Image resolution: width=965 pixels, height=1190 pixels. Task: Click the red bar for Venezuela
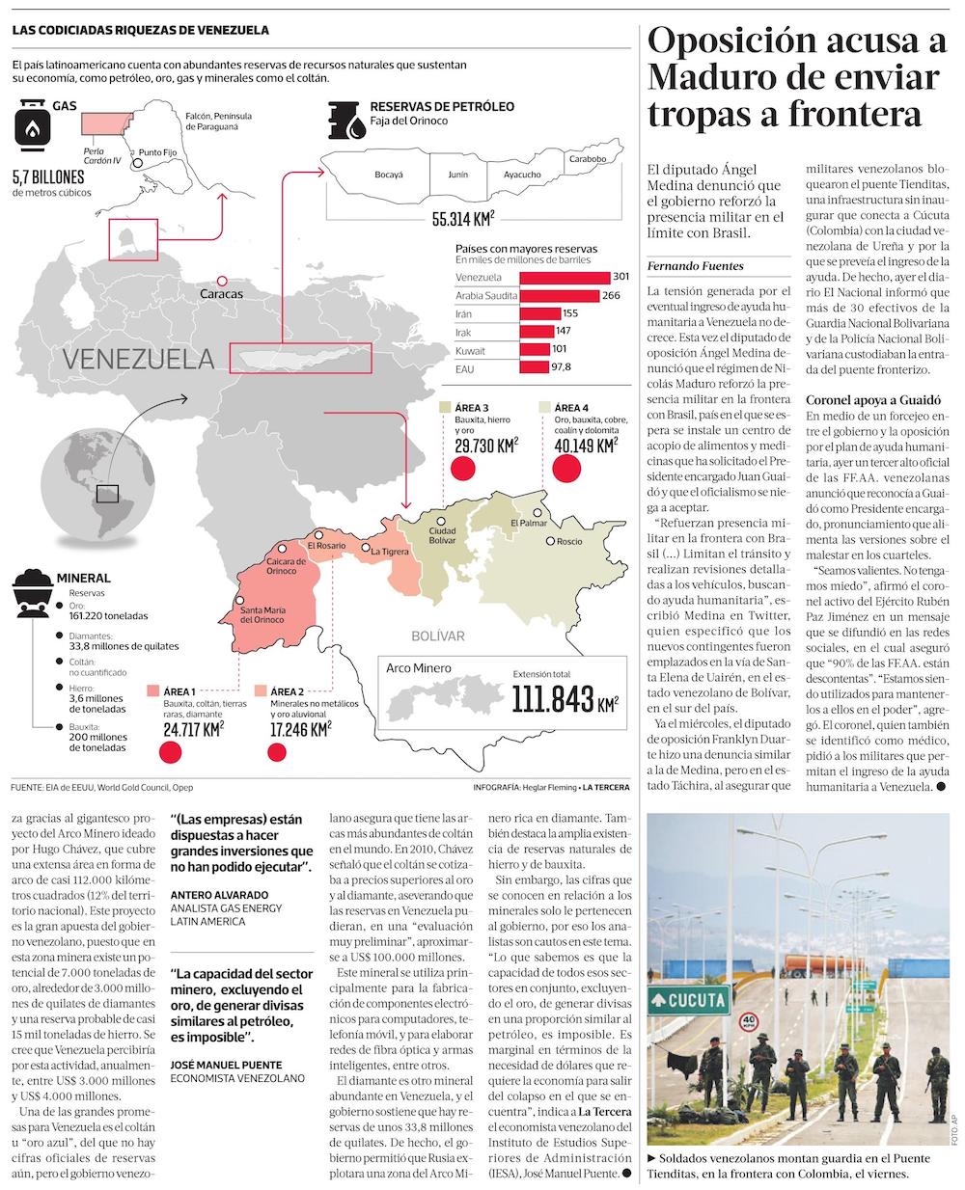point(565,278)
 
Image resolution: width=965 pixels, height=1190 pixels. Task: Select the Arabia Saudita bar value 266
point(610,295)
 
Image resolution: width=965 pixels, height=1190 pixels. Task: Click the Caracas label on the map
point(221,292)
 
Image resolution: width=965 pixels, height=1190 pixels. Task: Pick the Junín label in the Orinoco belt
point(456,176)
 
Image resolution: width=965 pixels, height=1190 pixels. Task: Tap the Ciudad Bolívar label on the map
point(442,536)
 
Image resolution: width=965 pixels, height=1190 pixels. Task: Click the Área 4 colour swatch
point(545,408)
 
